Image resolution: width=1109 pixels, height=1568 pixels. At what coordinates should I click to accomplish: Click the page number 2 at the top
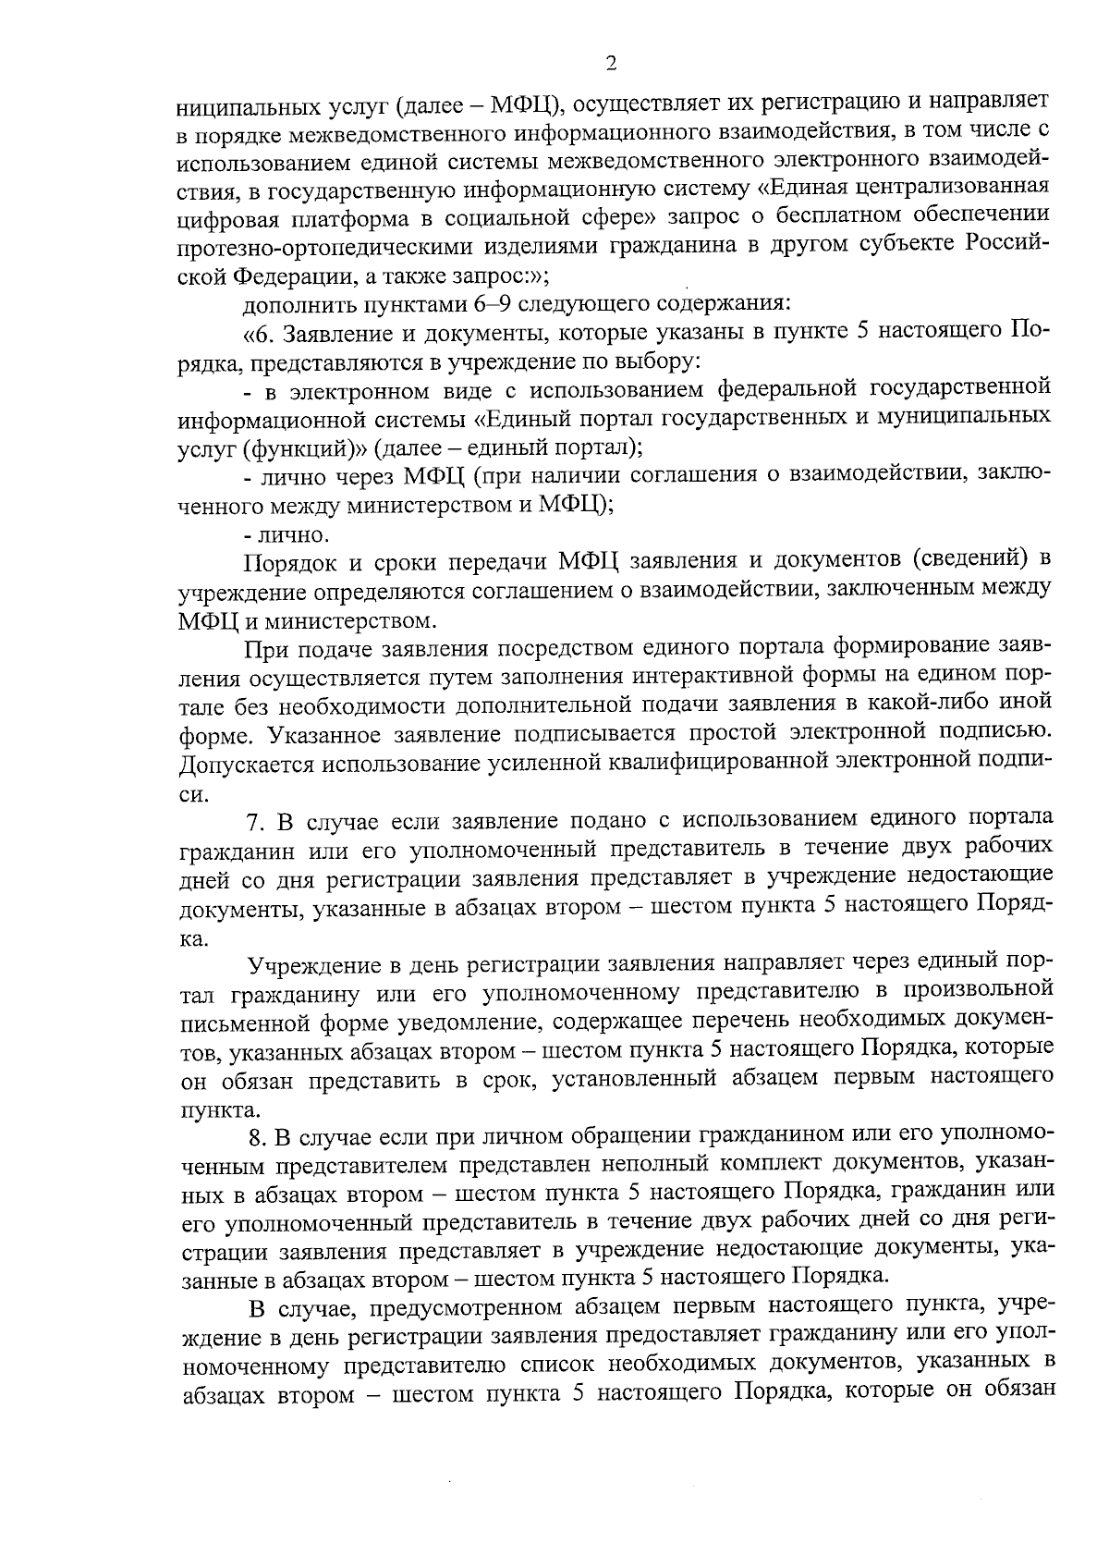pyautogui.click(x=610, y=63)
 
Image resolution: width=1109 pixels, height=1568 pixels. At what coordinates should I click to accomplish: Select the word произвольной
pyautogui.click(x=979, y=993)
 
